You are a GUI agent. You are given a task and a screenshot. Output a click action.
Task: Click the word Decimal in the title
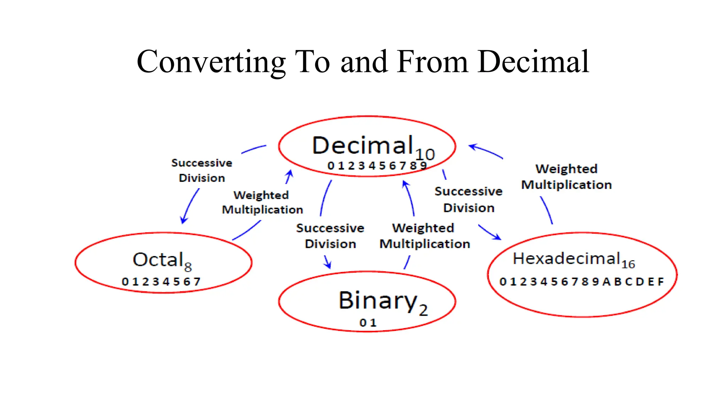pos(534,62)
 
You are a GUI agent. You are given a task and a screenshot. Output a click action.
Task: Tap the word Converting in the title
pos(211,62)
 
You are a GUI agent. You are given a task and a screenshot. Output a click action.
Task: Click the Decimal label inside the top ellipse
pos(362,145)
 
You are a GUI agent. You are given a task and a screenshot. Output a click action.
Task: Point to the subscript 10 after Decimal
pos(425,154)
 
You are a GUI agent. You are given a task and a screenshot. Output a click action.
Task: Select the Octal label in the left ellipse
pos(158,260)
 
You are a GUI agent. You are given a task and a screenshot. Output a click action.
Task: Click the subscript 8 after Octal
pos(188,267)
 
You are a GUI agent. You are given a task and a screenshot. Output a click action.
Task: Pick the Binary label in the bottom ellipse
pos(378,300)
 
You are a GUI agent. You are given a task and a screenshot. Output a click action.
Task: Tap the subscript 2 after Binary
pos(423,310)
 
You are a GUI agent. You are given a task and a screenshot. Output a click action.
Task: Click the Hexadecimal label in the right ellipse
pos(566,258)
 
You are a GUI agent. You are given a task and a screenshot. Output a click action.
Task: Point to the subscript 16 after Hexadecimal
pos(628,264)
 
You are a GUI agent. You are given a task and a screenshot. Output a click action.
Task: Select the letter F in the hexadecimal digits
pos(660,282)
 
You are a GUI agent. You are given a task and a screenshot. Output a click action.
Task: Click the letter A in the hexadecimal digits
pos(606,282)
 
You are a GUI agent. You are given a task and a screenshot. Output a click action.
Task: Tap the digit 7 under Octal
pos(197,282)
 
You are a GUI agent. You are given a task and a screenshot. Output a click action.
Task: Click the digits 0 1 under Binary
pos(367,323)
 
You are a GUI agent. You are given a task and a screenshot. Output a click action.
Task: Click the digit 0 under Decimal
pos(331,166)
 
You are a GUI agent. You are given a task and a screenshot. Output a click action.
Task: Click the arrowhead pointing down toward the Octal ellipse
pos(183,220)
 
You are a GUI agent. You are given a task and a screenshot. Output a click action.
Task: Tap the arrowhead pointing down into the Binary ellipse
pos(328,265)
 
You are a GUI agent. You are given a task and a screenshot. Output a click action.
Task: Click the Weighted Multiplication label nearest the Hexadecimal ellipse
pos(566,176)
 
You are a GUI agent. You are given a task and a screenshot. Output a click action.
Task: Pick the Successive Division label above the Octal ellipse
pos(202,170)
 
